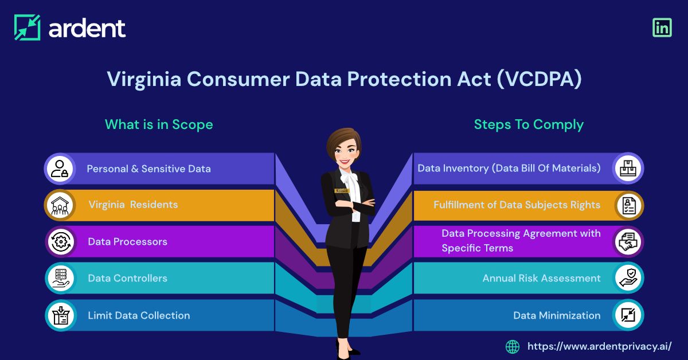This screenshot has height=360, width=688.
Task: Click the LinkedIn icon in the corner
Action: point(662,28)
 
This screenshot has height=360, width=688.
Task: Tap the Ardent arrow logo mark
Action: point(28,28)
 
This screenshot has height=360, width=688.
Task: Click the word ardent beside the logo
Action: point(87,28)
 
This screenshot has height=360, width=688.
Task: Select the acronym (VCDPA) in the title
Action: point(539,80)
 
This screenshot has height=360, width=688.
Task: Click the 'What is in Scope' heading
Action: point(159,124)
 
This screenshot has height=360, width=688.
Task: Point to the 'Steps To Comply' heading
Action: point(529,124)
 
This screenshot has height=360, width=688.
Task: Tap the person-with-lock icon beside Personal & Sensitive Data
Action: point(60,169)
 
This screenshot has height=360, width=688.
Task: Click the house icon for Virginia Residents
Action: point(60,205)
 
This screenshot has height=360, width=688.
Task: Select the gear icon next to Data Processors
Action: point(60,242)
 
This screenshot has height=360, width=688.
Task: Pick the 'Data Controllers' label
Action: point(127,278)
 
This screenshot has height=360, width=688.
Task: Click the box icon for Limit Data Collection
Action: point(60,315)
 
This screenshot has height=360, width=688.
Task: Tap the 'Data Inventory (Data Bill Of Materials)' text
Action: point(509,168)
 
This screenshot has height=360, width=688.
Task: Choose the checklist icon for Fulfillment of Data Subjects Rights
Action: point(628,205)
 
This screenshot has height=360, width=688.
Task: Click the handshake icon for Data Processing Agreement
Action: point(628,242)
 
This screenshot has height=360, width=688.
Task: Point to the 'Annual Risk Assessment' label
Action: point(541,278)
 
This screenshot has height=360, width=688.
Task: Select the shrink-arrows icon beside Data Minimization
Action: point(628,315)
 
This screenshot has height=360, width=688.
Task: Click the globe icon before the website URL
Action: point(513,346)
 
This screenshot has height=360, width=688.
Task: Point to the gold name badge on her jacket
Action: point(341,190)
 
